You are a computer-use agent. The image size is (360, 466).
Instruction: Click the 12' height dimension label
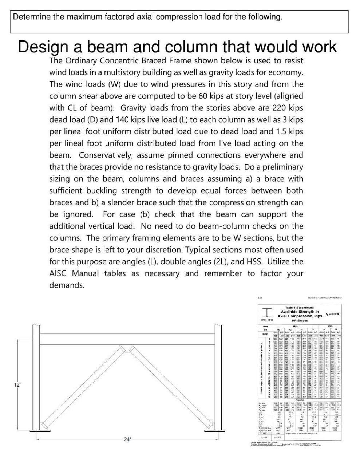point(16,384)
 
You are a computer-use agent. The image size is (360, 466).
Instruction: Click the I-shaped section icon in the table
point(268,313)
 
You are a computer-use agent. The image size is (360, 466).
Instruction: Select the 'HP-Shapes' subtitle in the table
point(300,321)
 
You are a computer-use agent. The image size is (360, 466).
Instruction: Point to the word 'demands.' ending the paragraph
point(67,285)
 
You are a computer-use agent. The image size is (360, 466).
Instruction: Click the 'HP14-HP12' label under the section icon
point(268,320)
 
